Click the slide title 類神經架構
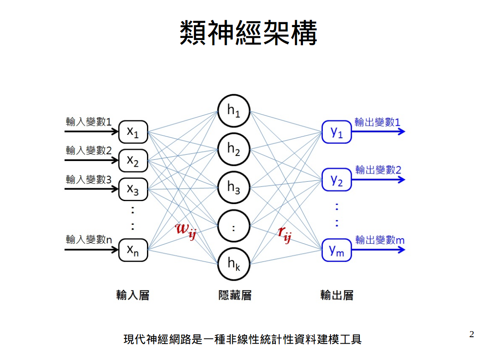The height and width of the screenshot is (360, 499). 249,33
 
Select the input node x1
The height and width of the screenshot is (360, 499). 133,132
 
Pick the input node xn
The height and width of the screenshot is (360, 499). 133,250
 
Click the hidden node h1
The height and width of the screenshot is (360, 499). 234,111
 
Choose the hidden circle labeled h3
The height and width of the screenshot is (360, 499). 234,187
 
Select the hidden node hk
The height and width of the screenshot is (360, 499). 234,263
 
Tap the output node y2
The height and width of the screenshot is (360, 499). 337,180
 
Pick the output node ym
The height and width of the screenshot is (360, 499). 337,250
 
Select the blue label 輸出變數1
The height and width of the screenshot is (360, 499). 377,122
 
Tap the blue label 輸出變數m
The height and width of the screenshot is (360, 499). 380,240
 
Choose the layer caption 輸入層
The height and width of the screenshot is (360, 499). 132,295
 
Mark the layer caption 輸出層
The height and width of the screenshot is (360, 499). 337,295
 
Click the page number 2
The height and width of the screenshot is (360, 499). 471,335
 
